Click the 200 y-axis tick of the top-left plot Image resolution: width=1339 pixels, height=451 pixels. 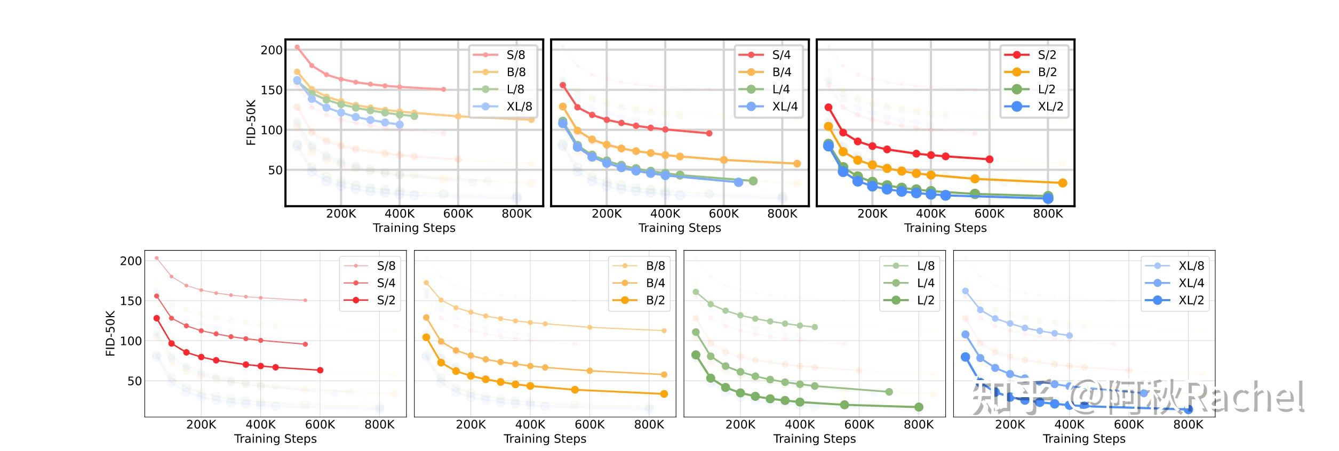coord(272,50)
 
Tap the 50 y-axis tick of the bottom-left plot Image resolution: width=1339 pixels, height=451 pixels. coord(134,381)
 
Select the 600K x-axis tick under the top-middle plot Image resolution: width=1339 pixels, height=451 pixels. coord(724,214)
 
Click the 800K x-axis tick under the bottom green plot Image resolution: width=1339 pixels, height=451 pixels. coord(919,425)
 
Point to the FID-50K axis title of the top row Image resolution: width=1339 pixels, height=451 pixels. coord(251,123)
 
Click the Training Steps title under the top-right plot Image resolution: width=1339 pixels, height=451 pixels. coord(945,228)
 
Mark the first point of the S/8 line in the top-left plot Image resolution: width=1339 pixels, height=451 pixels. coord(297,47)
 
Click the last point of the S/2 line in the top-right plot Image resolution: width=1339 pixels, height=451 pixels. coord(990,159)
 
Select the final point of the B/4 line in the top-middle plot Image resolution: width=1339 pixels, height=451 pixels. coord(797,164)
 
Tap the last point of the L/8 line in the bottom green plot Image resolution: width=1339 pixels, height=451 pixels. coord(815,327)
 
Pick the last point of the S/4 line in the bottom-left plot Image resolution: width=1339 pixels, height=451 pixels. coord(305,344)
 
